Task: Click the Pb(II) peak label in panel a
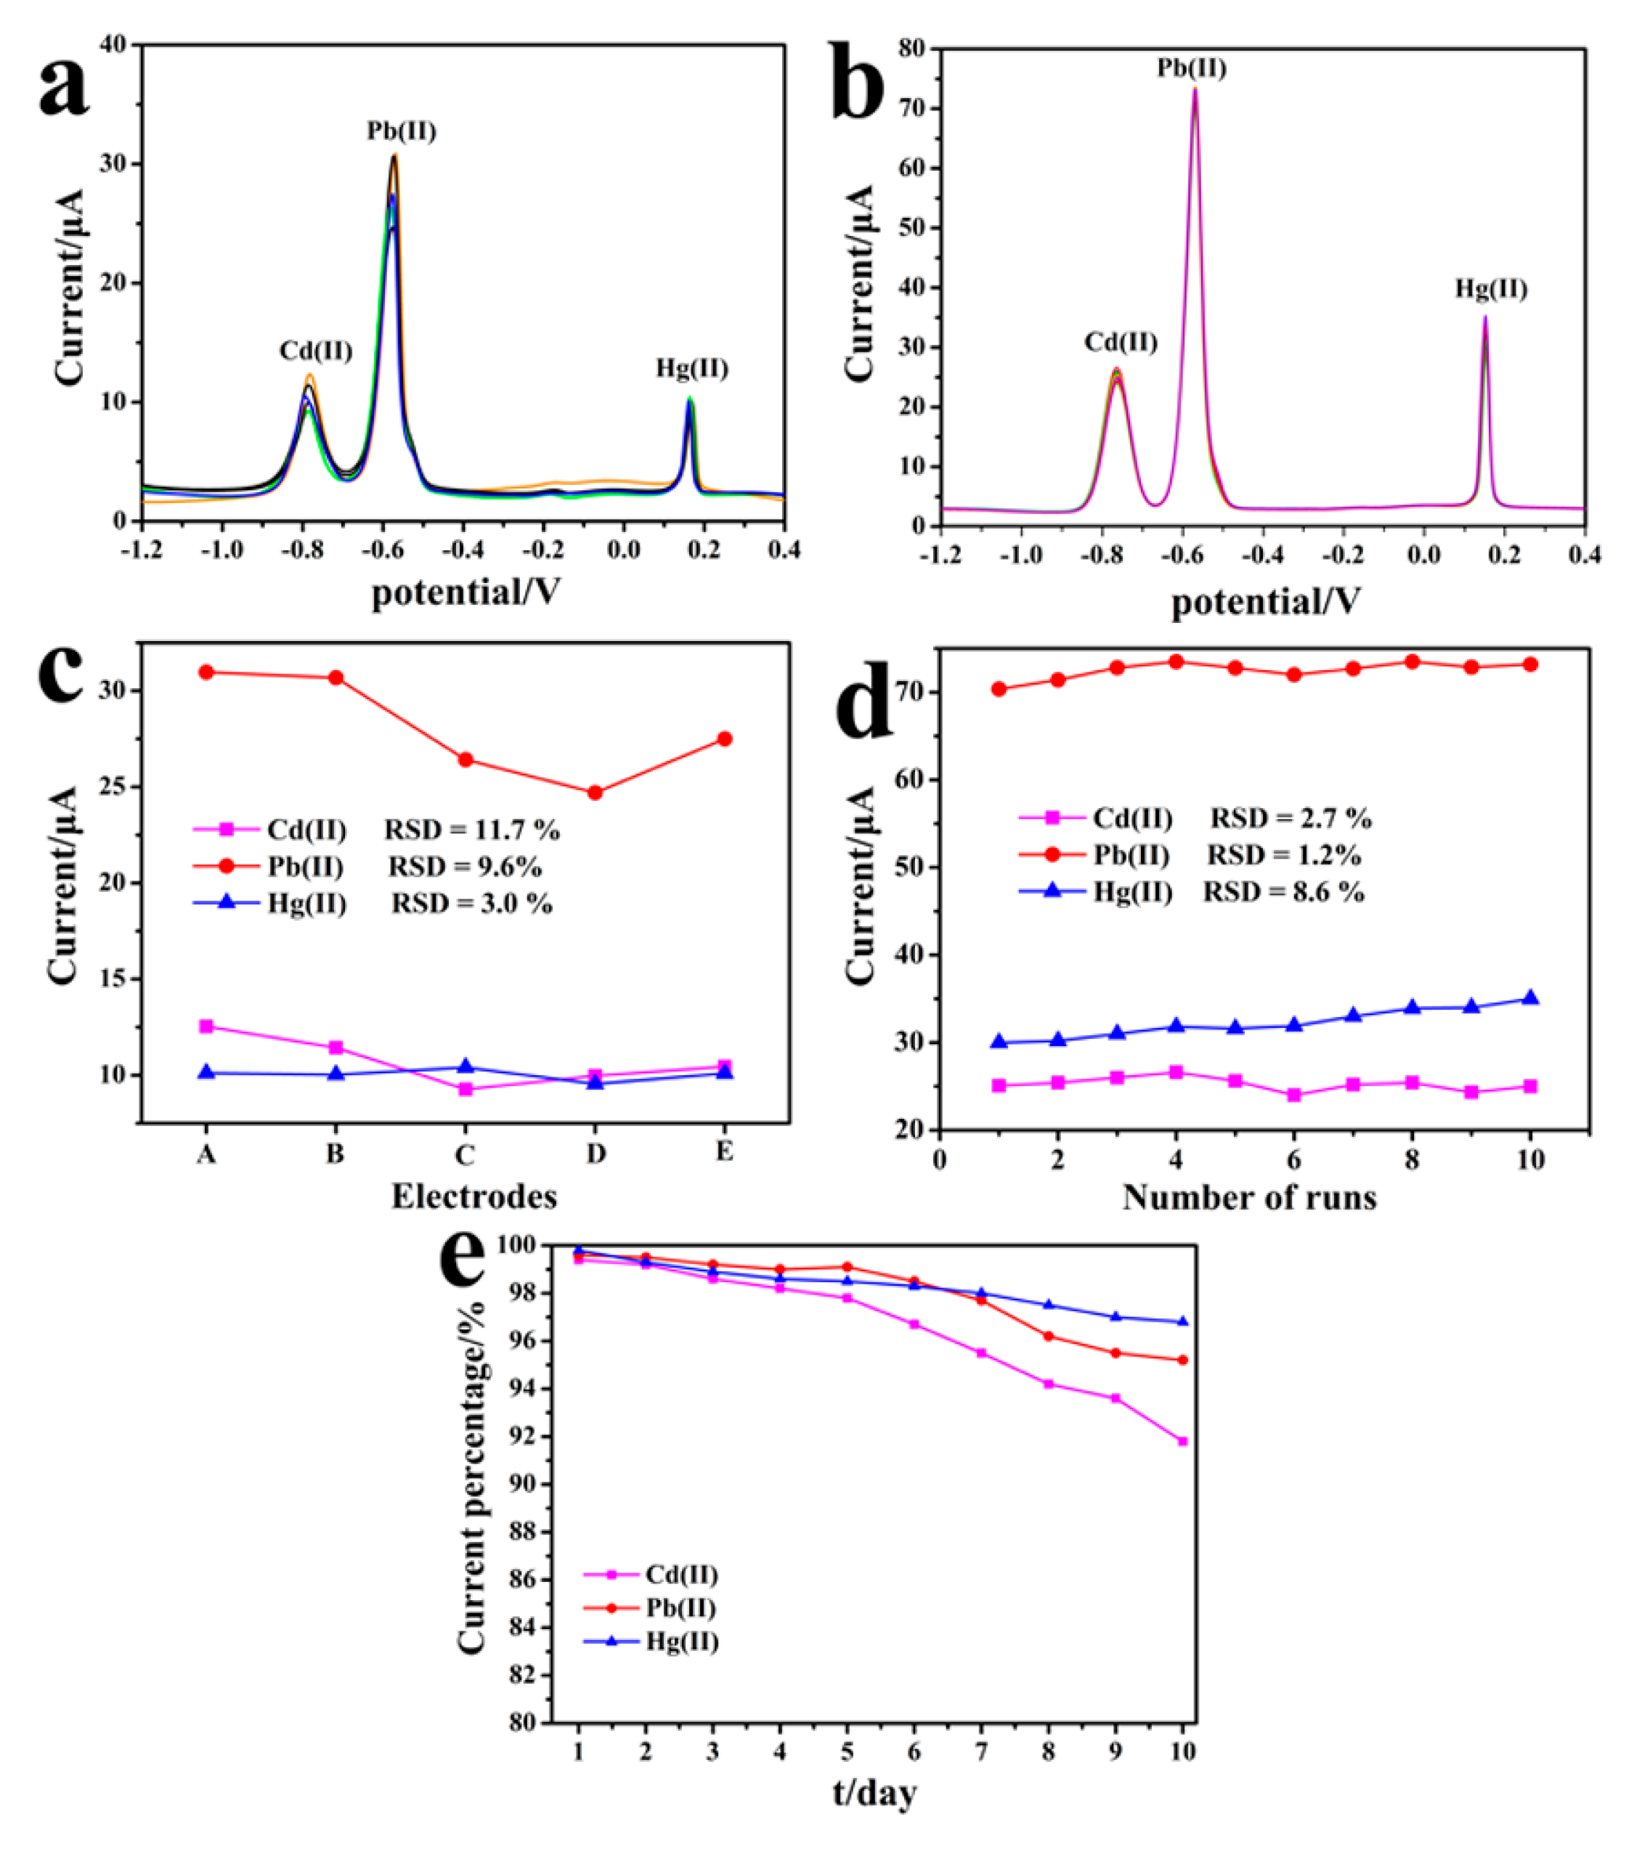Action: coord(402,131)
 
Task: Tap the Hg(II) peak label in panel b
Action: coord(1491,290)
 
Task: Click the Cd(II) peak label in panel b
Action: coord(1121,343)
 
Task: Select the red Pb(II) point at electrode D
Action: coord(595,793)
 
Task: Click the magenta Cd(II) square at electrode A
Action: coord(207,1027)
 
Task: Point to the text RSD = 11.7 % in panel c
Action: coord(471,830)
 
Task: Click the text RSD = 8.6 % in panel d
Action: coord(1283,892)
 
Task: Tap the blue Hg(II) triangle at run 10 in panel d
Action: coord(1531,998)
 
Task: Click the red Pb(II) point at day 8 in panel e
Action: coord(1049,1337)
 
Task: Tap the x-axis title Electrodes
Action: coord(474,1197)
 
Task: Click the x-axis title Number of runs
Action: coord(1250,1198)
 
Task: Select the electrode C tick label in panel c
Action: coord(465,1155)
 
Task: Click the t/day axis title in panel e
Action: coord(874,1793)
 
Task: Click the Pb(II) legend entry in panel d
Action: coord(1130,855)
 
